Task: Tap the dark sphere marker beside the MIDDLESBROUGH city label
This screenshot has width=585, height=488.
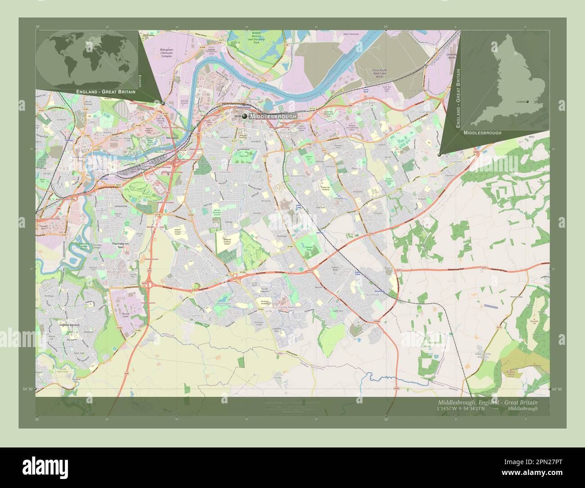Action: click(x=244, y=116)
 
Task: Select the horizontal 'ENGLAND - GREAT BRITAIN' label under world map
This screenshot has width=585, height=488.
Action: click(x=103, y=91)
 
